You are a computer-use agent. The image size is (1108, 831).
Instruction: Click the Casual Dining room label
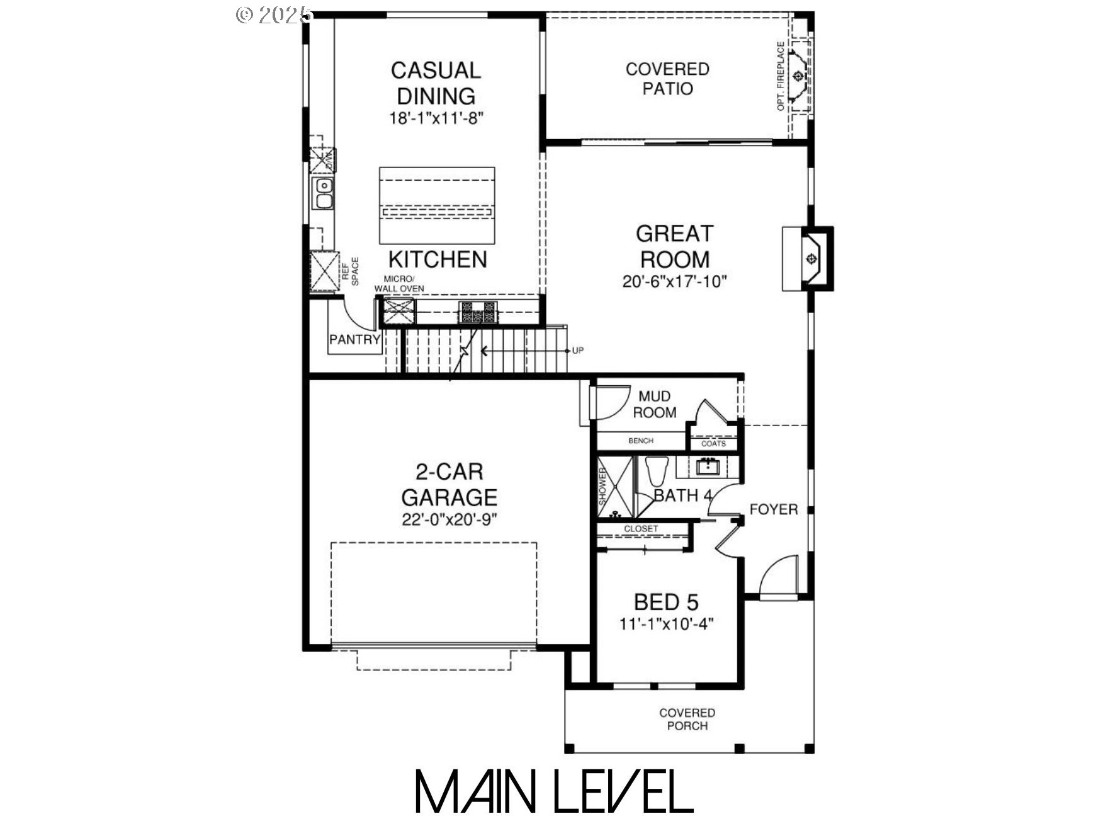point(436,82)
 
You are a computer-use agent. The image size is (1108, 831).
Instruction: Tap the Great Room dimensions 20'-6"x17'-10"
point(674,281)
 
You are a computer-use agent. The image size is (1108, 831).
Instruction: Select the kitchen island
point(437,205)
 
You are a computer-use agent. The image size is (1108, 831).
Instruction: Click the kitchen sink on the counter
point(324,193)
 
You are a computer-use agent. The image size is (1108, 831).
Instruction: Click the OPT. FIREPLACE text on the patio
point(781,76)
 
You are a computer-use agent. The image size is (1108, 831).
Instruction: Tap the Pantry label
point(354,339)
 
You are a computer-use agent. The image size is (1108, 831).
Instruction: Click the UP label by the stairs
point(578,350)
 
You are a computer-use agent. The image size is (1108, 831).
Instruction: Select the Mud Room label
point(654,404)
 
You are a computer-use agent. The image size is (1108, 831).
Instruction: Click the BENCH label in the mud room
point(640,441)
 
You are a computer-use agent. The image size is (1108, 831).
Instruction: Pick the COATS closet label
point(713,443)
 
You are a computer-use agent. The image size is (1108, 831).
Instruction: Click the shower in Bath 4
point(614,487)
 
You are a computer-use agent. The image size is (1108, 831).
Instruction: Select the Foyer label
point(773,509)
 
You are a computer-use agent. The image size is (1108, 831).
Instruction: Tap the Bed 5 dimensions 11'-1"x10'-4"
point(666,625)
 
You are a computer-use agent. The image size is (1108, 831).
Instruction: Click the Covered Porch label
point(687,719)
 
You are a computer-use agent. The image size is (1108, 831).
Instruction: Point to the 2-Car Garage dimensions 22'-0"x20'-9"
point(449,520)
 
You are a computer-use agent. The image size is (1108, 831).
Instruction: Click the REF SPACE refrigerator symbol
point(324,270)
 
